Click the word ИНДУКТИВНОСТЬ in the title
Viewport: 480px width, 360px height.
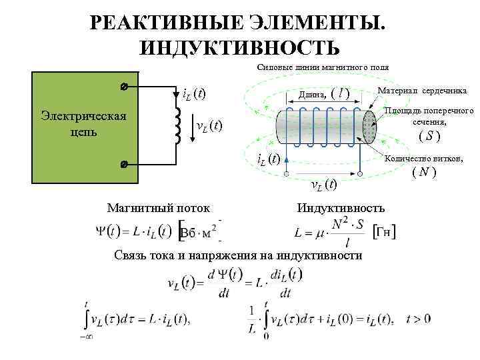(x=240, y=47)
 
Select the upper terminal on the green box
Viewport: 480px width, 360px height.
(x=125, y=87)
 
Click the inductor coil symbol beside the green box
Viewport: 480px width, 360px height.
(x=177, y=125)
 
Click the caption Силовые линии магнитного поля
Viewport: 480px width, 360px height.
(x=323, y=67)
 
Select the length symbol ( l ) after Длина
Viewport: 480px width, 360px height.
(x=341, y=93)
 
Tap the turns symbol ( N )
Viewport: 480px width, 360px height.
(x=423, y=172)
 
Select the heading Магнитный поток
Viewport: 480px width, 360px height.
(x=158, y=208)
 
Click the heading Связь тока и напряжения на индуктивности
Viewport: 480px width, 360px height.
(x=238, y=256)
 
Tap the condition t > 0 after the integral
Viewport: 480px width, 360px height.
(x=417, y=319)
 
